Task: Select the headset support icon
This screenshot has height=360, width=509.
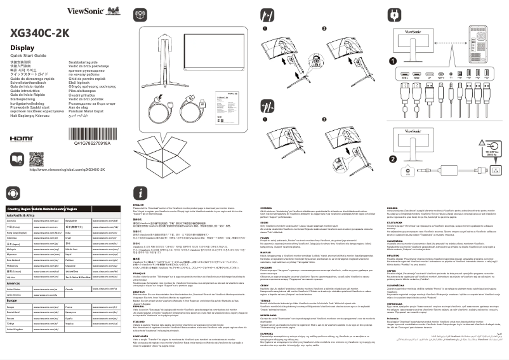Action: click(13, 193)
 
